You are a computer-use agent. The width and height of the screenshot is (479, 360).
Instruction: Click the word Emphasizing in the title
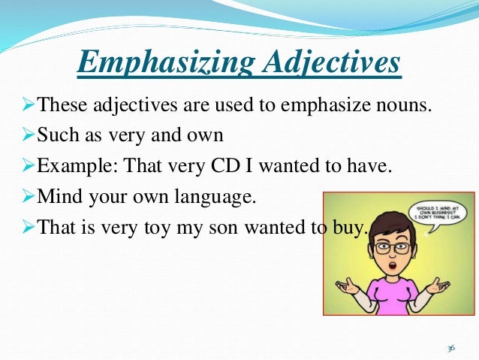(x=158, y=63)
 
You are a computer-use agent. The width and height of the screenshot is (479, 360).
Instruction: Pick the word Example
(x=71, y=166)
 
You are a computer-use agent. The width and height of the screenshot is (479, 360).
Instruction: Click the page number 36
(x=451, y=348)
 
